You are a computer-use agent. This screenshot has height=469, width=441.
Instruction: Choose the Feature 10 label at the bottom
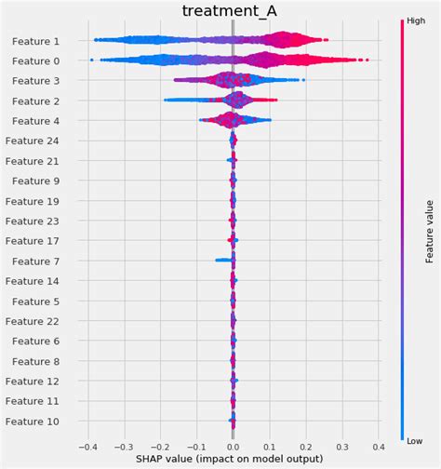tap(33, 422)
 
